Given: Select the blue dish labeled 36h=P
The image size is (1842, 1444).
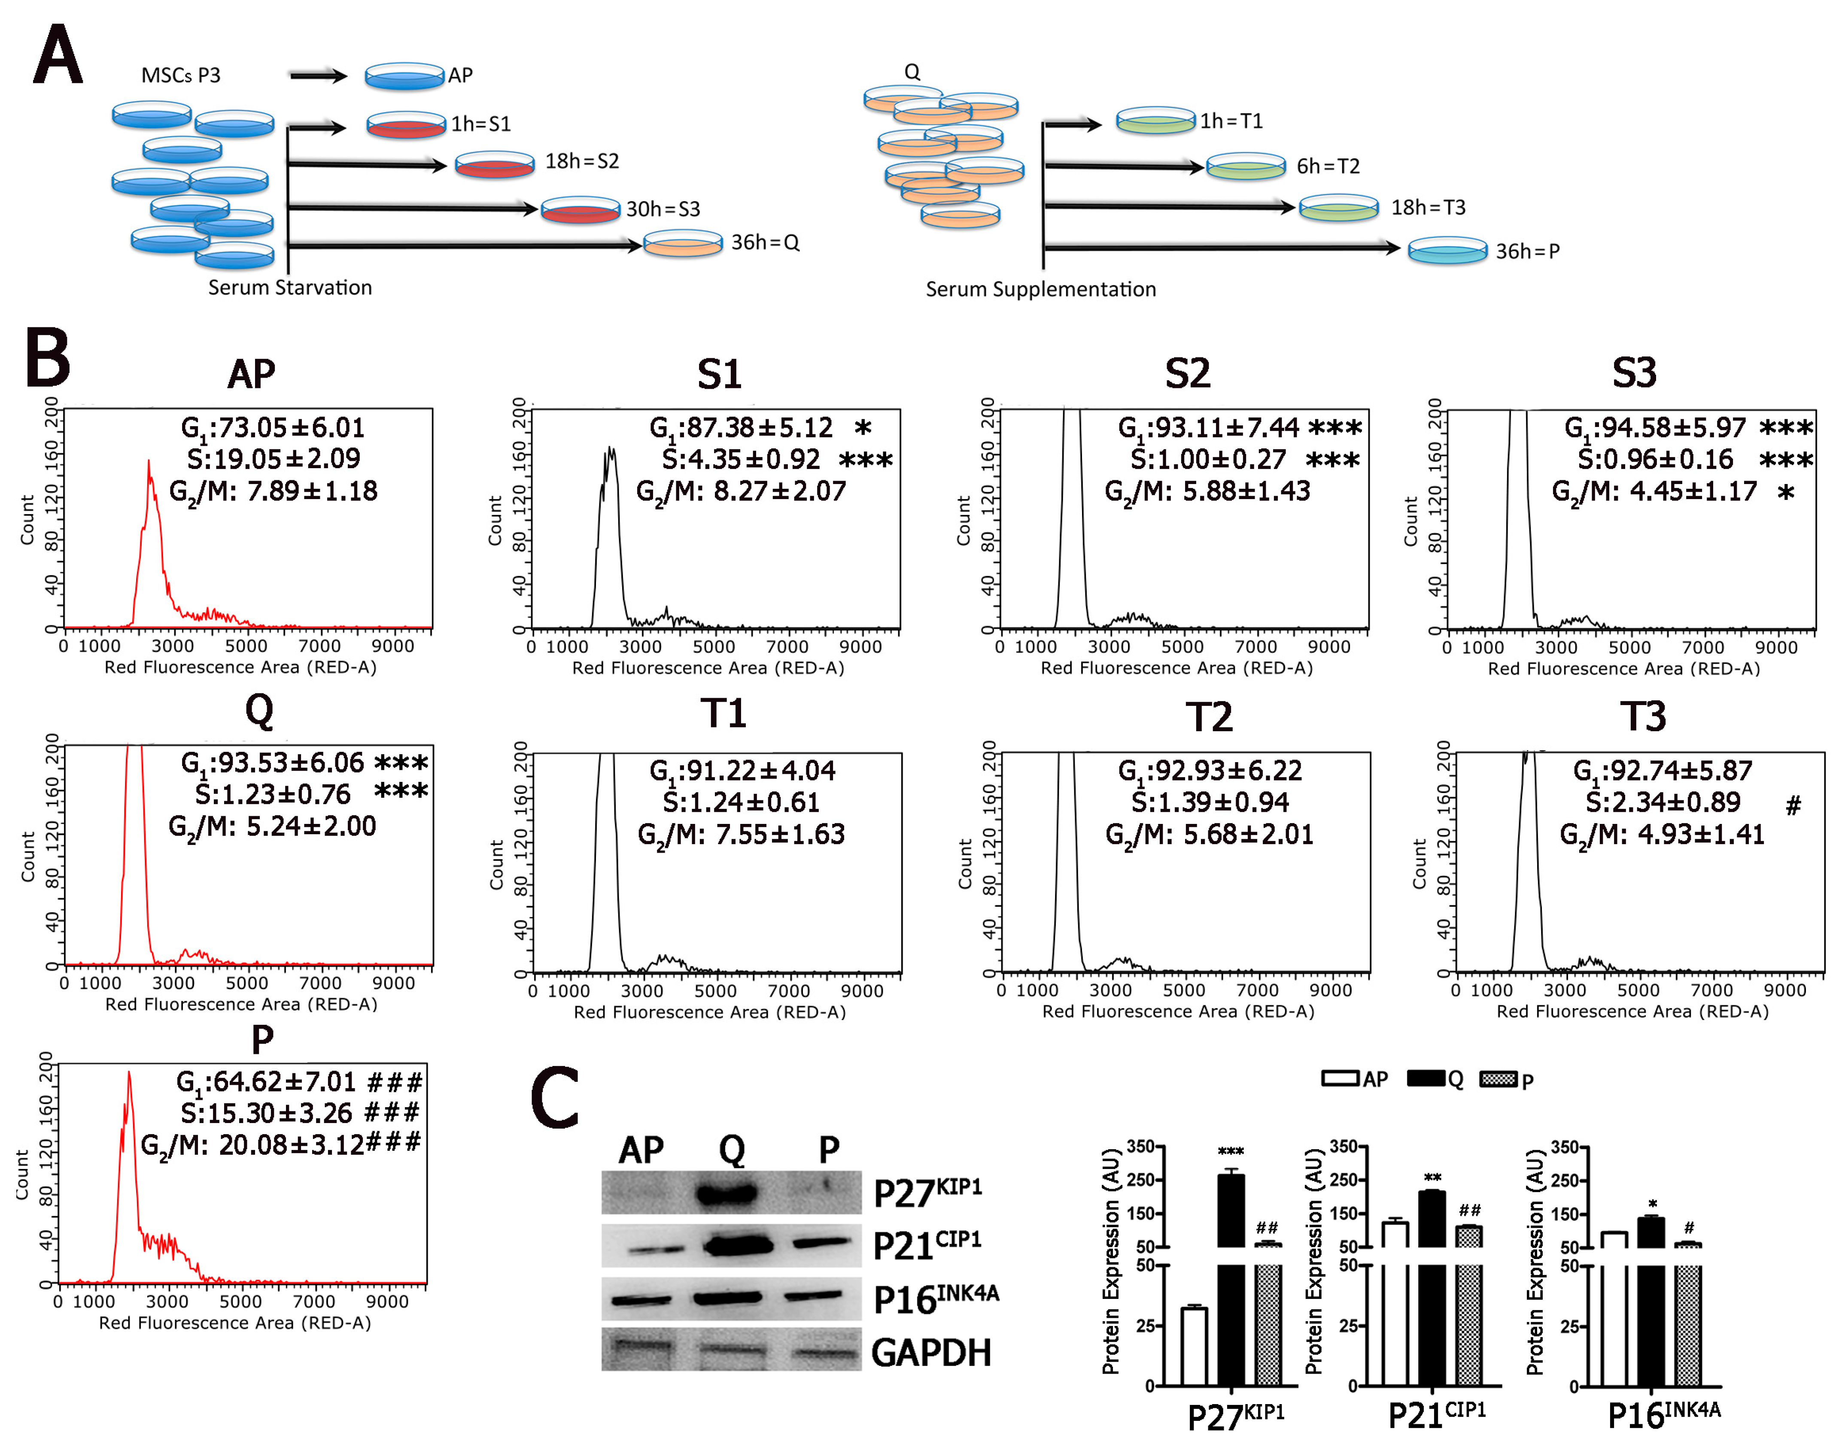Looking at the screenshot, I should (x=1447, y=251).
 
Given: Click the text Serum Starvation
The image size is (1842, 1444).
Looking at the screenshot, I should (x=290, y=288).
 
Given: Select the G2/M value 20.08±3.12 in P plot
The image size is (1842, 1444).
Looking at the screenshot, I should (x=279, y=1145).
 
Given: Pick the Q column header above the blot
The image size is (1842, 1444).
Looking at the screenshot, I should (x=732, y=1150).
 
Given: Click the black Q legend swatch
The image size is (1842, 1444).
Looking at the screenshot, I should (x=1426, y=1079).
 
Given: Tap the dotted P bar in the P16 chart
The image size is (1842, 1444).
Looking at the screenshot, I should (x=1687, y=1319).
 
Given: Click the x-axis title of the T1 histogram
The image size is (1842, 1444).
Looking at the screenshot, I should (x=710, y=1012).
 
